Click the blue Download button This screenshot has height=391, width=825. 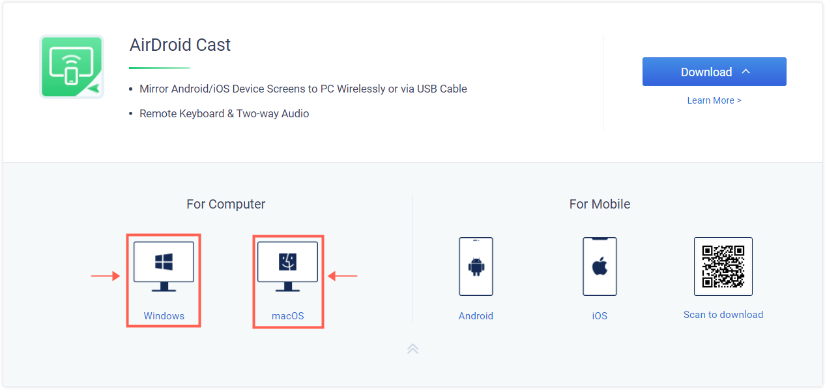coord(714,72)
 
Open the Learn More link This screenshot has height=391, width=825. coord(714,100)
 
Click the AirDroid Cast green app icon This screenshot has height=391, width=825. coord(72,67)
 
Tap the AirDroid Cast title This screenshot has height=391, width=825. coord(180,45)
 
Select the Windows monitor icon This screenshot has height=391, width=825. coord(164,267)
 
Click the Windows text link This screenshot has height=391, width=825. coord(164,316)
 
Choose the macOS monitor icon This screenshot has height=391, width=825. coord(287,267)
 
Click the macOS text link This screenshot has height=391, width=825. coord(287,316)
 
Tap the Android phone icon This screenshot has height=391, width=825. coord(476,267)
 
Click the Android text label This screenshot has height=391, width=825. coord(476,316)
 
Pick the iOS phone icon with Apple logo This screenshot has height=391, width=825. coord(600,267)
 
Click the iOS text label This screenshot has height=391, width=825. coord(600,316)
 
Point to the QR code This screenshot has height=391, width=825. coord(723,267)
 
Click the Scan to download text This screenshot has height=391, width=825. coord(723,315)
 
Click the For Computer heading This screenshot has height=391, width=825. coord(225,204)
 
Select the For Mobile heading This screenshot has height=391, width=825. coord(600,204)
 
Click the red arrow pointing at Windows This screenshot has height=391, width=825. coord(106,276)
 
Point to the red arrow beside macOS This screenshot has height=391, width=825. coord(343,276)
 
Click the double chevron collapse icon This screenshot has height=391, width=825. coord(412,349)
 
